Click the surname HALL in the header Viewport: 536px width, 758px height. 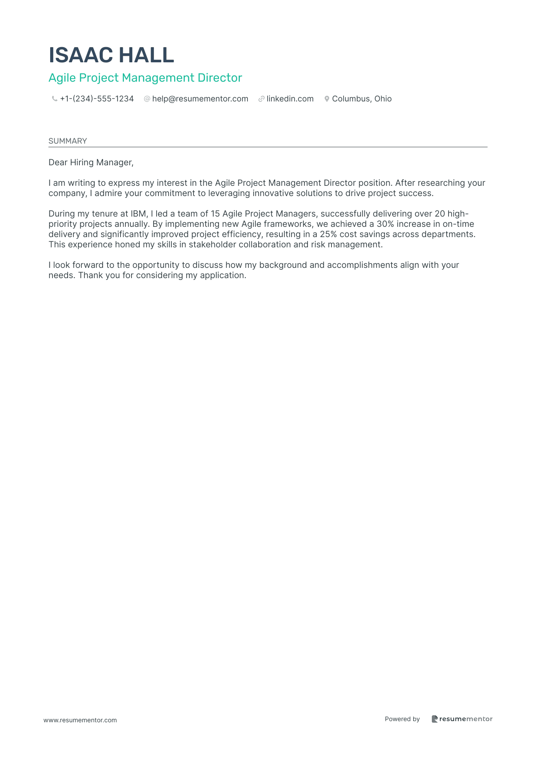(x=146, y=55)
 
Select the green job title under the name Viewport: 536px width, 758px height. (x=145, y=78)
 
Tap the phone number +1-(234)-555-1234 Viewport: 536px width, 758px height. (x=97, y=99)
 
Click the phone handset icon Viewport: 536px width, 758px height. (x=54, y=99)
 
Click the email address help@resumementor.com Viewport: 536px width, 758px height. (x=200, y=99)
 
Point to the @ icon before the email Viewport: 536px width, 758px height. (x=147, y=99)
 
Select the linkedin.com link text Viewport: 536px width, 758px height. (x=290, y=99)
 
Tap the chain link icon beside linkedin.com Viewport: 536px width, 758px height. (x=261, y=99)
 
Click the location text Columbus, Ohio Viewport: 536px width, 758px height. (x=362, y=99)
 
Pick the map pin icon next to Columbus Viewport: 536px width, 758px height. (x=327, y=99)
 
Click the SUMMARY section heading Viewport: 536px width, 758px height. (x=68, y=141)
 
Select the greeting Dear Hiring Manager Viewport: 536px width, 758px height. (x=91, y=163)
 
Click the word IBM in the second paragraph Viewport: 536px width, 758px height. (x=138, y=214)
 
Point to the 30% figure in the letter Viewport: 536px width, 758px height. (x=385, y=224)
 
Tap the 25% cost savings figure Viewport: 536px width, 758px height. (x=328, y=234)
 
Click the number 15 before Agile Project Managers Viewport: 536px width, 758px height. (x=215, y=214)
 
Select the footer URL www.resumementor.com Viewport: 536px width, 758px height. (x=80, y=720)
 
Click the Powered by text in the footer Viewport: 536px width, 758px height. (x=402, y=719)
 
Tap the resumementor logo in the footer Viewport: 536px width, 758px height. (x=462, y=719)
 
